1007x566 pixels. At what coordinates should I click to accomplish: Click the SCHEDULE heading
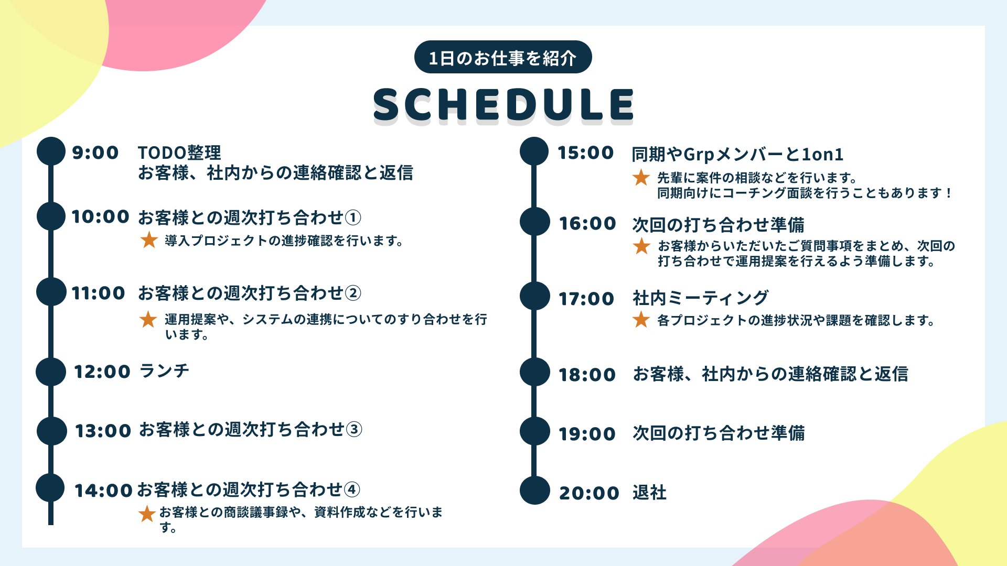(x=504, y=104)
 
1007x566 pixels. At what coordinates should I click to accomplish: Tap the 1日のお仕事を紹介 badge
(x=502, y=58)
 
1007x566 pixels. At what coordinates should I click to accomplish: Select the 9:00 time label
(x=95, y=153)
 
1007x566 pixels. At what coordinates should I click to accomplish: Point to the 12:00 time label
(x=102, y=372)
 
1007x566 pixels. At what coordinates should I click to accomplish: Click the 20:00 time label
(x=589, y=493)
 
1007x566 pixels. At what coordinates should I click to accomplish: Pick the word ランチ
(x=164, y=371)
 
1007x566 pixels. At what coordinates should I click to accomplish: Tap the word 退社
(x=649, y=492)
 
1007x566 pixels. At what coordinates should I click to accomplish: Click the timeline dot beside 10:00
(x=51, y=216)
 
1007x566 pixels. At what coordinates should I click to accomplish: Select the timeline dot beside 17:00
(x=534, y=296)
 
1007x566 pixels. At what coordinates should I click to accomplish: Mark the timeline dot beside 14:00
(x=50, y=487)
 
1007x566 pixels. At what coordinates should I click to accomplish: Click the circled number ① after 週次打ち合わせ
(x=353, y=217)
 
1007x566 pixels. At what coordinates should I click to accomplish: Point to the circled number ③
(x=355, y=430)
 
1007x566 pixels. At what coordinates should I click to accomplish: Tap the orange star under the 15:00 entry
(x=641, y=178)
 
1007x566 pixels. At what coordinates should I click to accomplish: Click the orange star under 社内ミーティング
(x=641, y=319)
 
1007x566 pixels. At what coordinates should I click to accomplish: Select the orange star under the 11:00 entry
(x=148, y=319)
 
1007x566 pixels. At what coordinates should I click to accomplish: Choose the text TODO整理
(x=179, y=153)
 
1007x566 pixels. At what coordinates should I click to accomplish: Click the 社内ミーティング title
(x=700, y=298)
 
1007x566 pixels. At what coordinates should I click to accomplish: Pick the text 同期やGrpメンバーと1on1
(x=737, y=154)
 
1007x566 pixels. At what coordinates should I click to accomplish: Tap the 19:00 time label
(x=587, y=434)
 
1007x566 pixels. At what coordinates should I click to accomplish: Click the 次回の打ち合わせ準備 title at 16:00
(x=718, y=225)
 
